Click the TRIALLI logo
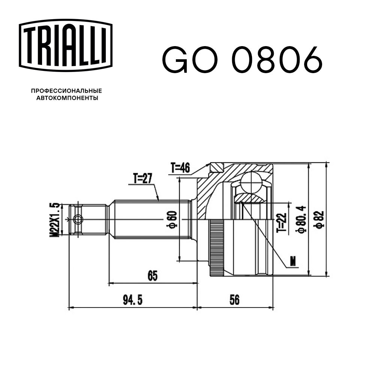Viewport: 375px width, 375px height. [66, 45]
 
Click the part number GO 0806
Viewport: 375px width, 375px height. [242, 59]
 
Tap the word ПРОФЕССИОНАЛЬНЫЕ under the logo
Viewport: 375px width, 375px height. [66, 91]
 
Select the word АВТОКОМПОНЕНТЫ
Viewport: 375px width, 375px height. [67, 98]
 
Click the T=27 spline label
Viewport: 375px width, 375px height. [142, 178]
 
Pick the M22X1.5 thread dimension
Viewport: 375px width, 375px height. [54, 220]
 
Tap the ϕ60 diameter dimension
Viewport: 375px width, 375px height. [172, 219]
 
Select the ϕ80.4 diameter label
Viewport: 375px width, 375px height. [300, 219]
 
